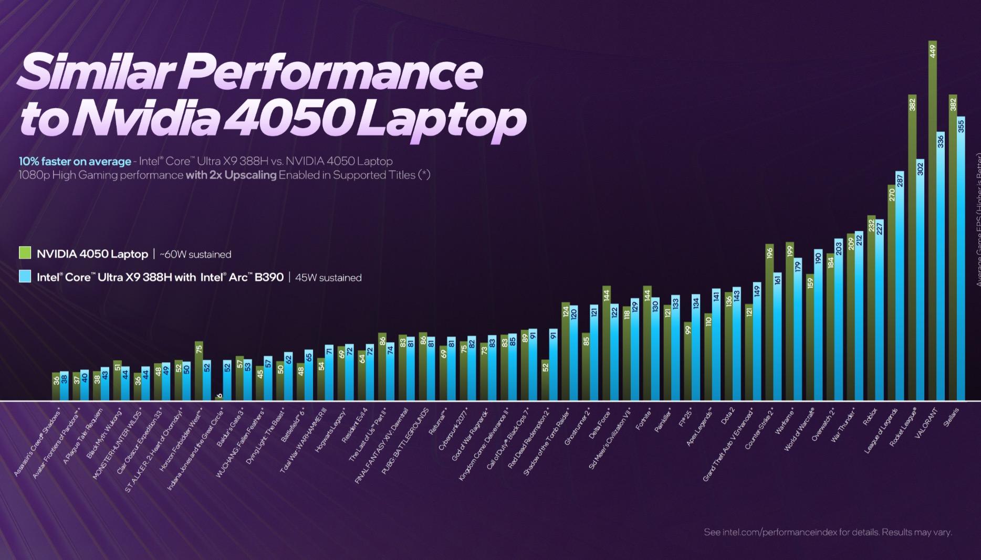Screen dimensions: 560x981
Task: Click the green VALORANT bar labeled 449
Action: coord(933,220)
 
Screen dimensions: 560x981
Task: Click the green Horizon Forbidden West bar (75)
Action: coord(199,371)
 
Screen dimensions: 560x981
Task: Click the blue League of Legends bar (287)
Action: coord(900,286)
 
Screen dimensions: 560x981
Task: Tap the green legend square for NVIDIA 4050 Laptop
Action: coord(25,253)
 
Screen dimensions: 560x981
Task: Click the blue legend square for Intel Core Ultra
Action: coord(25,276)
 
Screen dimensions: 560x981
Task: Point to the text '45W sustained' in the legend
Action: coord(328,278)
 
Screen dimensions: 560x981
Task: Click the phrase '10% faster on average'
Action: coord(75,161)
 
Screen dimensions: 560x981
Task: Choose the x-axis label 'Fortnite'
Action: coord(644,420)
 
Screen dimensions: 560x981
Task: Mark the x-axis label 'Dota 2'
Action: coord(727,417)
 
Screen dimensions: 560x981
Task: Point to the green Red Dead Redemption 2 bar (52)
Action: coord(545,380)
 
